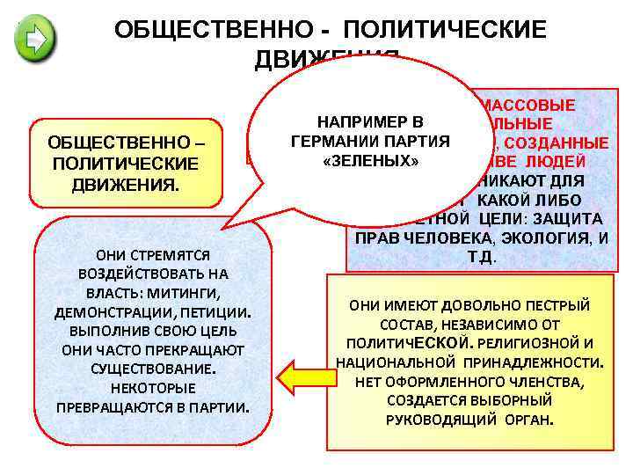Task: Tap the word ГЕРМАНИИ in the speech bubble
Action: (x=331, y=142)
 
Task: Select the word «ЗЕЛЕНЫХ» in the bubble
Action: (x=369, y=162)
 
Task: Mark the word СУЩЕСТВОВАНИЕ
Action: (x=153, y=369)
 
